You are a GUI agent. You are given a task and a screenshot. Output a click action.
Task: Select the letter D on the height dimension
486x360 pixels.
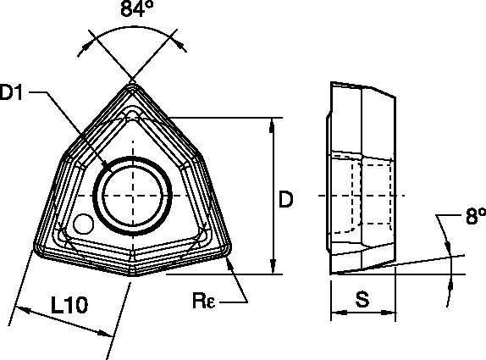pyautogui.click(x=287, y=199)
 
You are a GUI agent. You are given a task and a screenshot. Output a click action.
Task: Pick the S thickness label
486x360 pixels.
pyautogui.click(x=362, y=299)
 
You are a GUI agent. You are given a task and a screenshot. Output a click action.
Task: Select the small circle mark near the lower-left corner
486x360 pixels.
pyautogui.click(x=82, y=224)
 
